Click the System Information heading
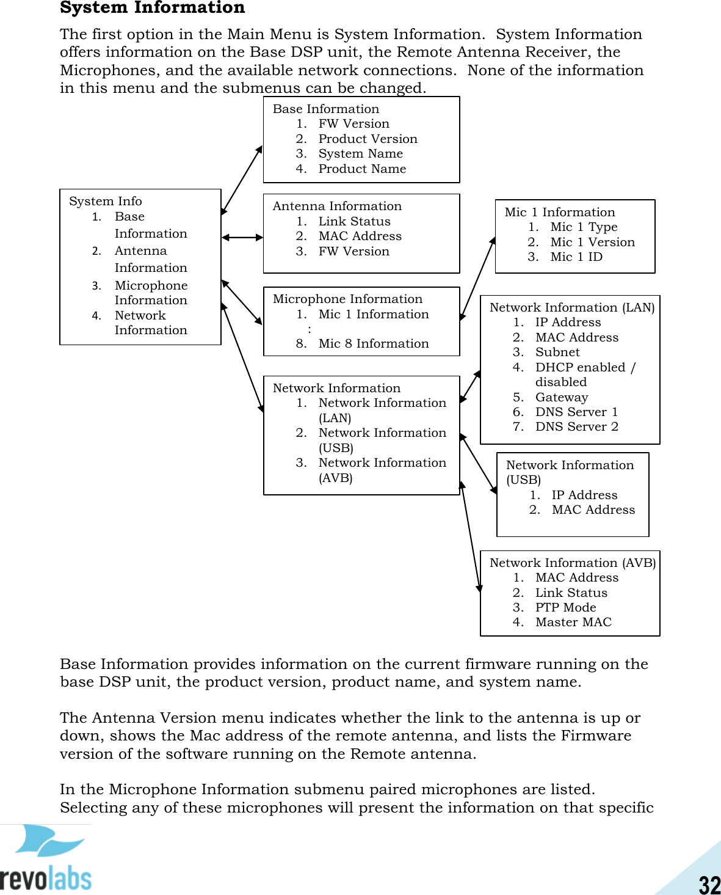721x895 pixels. tap(152, 7)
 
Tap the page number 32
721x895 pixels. tap(709, 884)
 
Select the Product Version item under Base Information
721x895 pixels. tap(368, 139)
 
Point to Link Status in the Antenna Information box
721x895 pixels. tap(354, 221)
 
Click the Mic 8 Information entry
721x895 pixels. tap(373, 343)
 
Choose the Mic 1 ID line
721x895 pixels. tap(576, 257)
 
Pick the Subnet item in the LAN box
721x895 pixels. tap(557, 352)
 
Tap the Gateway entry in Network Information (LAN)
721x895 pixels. tap(562, 397)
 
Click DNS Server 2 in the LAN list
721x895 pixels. tap(576, 426)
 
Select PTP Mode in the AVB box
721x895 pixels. tap(565, 607)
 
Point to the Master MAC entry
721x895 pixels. tap(573, 622)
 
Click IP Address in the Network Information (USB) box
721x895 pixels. tap(584, 495)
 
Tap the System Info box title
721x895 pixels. tap(105, 201)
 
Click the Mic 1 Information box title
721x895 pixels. tap(560, 212)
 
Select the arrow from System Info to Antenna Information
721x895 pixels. tap(242, 237)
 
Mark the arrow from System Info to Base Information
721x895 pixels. tap(242, 180)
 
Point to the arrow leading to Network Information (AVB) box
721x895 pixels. tap(471, 537)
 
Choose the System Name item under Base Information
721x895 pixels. tap(360, 153)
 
